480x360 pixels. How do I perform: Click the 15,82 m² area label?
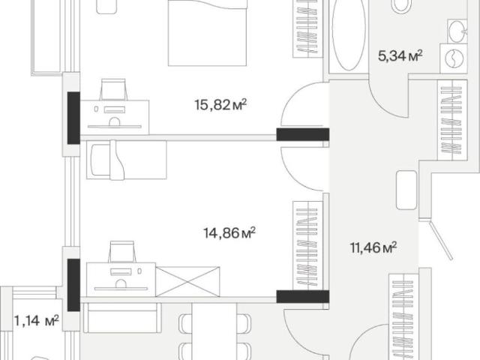pos(220,105)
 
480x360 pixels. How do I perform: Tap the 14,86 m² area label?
pos(229,233)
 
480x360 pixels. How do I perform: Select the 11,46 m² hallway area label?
pos(373,247)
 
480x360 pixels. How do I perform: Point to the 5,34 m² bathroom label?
pos(400,56)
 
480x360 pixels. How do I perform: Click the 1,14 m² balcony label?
pos(37,321)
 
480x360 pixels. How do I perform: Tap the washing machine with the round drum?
pos(454,58)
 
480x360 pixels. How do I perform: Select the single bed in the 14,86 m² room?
pos(127,160)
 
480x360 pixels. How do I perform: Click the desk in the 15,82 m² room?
pos(115,117)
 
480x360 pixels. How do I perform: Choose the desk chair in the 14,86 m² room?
pos(122,252)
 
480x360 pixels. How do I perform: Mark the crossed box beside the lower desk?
pos(187,282)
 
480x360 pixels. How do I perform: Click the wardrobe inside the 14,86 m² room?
pos(308,245)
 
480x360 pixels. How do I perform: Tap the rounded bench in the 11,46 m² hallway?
pos(406,190)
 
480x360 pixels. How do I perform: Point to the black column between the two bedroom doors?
pos(303,135)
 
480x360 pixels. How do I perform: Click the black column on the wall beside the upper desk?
pos(73,118)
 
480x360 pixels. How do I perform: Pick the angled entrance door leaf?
pos(441,241)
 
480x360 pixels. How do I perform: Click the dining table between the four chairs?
pos(214,331)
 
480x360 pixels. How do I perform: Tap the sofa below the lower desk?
pos(122,318)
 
